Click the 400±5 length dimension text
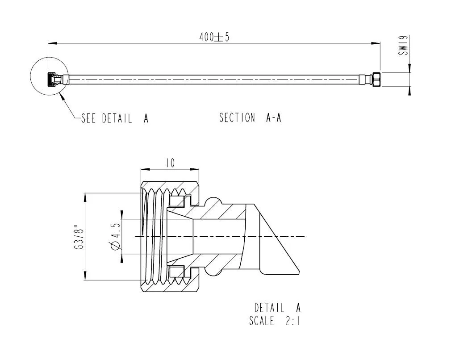click(x=214, y=37)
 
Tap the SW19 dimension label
click(x=404, y=46)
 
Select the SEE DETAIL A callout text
click(x=114, y=118)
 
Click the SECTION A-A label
click(x=250, y=118)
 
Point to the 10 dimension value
click(x=170, y=163)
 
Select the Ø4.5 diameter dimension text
click(x=115, y=237)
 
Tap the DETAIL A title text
click(x=277, y=307)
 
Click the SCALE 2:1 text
click(x=275, y=321)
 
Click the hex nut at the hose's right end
click(x=376, y=80)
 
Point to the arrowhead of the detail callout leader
click(x=62, y=95)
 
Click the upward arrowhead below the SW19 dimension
click(x=410, y=91)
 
